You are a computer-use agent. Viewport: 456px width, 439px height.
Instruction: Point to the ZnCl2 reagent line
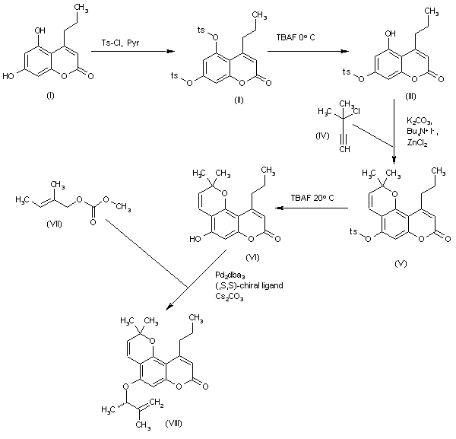(416, 143)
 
